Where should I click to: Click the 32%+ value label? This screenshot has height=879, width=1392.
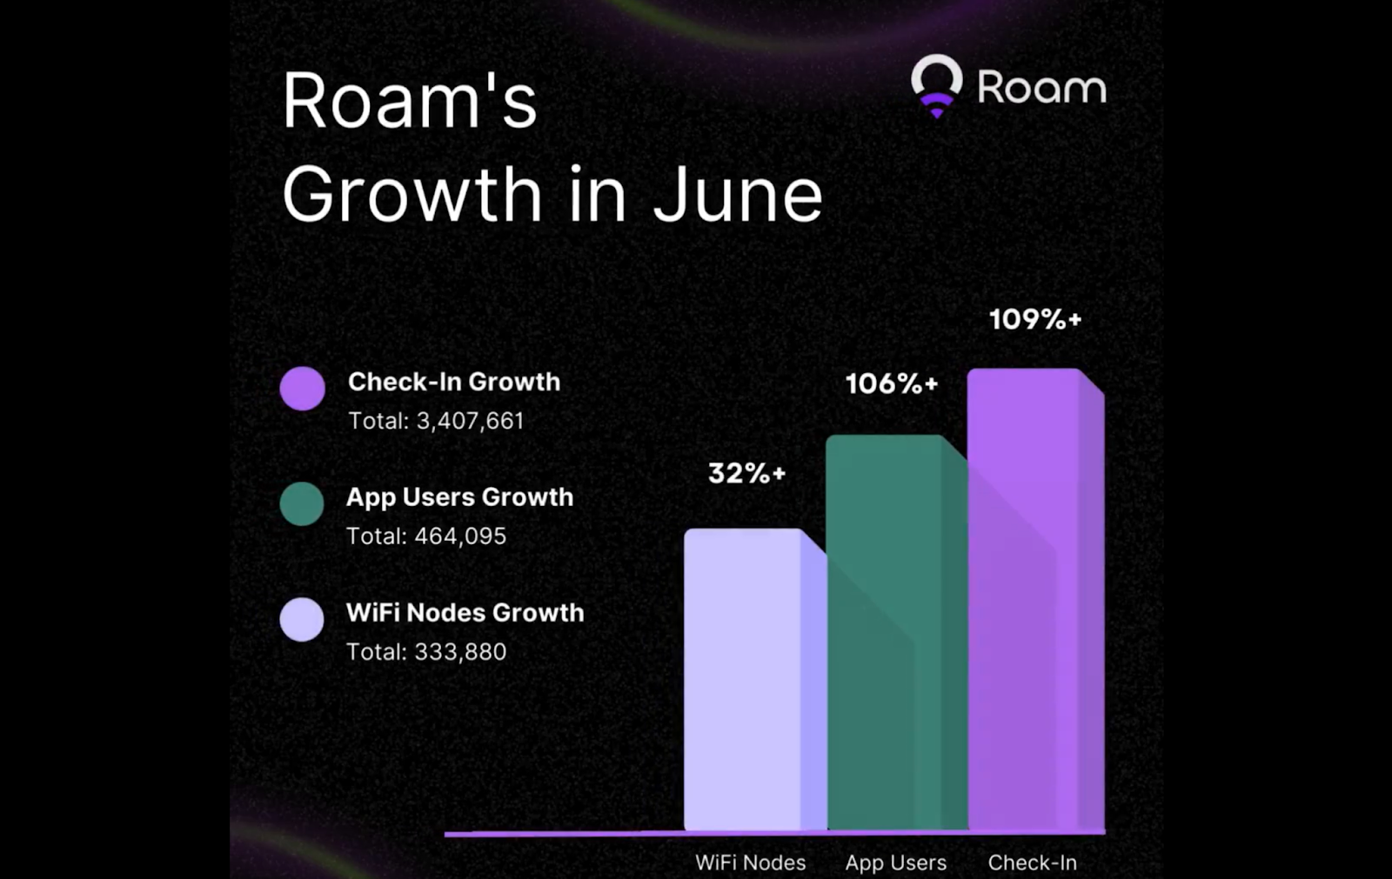[x=746, y=473]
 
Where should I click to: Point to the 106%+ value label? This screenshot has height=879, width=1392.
[x=892, y=383]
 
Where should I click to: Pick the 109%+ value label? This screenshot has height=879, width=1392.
[x=1035, y=319]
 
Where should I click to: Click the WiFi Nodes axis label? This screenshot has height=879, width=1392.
[x=750, y=862]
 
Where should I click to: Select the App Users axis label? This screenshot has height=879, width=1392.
[x=895, y=862]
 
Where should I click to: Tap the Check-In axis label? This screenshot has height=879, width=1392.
[x=1032, y=862]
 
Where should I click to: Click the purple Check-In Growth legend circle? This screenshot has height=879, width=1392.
[x=302, y=388]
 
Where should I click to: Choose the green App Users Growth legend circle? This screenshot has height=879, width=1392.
[x=302, y=503]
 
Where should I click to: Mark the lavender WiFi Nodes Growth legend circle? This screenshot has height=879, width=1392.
[x=302, y=619]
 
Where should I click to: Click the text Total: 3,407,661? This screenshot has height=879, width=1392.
[x=436, y=421]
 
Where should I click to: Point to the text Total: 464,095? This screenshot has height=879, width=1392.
[x=426, y=536]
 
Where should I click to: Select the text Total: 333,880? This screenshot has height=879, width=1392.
[x=426, y=652]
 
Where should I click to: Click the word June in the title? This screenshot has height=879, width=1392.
[x=737, y=195]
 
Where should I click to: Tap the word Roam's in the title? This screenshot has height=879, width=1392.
[x=409, y=102]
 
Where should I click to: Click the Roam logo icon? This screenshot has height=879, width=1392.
[x=936, y=85]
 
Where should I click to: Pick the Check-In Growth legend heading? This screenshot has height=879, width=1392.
[x=454, y=382]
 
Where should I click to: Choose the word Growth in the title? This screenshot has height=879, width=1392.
[x=412, y=195]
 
